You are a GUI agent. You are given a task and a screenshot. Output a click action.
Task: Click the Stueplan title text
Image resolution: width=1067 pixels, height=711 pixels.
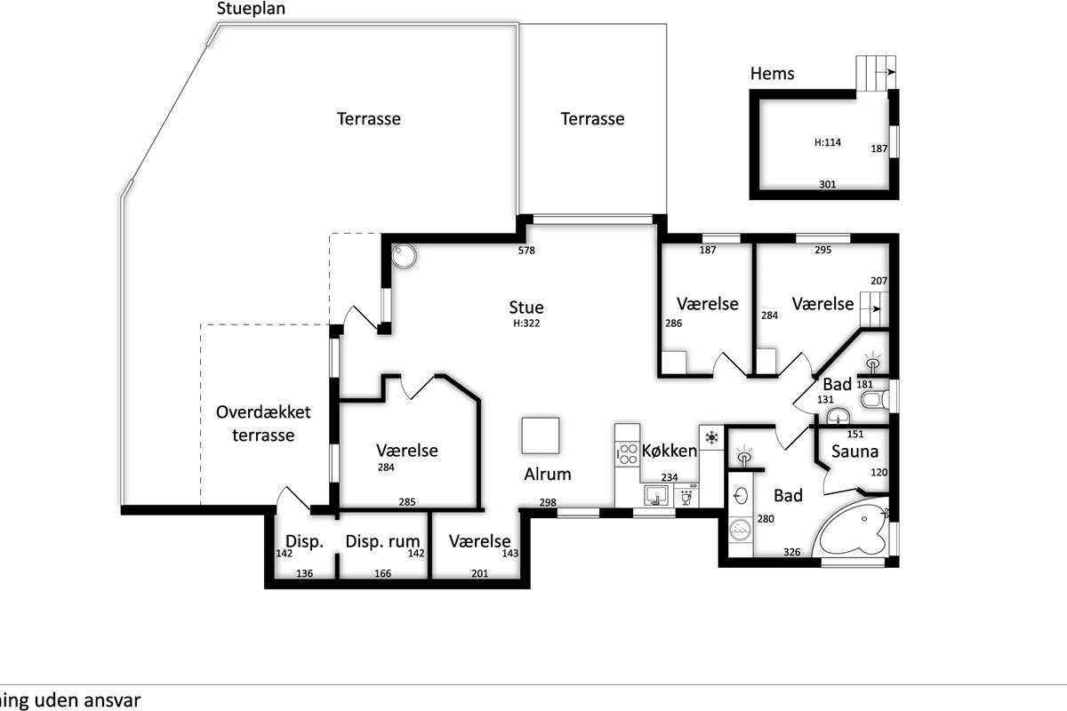click(251, 9)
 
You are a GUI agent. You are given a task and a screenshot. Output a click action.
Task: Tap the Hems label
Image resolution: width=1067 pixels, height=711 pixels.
click(772, 74)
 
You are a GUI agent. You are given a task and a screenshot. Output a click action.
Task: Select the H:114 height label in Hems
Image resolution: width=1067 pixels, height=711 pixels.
click(828, 142)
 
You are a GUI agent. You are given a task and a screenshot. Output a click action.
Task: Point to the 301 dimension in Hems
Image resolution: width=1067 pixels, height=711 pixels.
click(828, 184)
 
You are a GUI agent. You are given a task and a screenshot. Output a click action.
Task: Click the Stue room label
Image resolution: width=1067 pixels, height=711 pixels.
click(525, 308)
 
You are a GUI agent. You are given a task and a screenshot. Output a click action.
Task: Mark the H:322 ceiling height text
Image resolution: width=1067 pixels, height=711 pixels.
click(526, 324)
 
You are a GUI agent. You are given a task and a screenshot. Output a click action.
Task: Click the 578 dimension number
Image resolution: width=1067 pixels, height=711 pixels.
click(526, 250)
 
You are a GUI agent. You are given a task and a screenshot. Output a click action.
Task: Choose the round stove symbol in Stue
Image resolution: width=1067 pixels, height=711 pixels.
click(404, 257)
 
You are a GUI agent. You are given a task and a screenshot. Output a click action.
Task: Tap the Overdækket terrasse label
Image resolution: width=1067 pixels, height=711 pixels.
click(263, 423)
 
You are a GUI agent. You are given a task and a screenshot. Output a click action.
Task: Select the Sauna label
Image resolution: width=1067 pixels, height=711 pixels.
click(854, 451)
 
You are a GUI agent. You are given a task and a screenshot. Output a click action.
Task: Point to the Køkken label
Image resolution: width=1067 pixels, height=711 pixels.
click(670, 451)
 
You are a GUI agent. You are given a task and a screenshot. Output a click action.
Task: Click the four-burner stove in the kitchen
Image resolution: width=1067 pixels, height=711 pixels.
click(628, 453)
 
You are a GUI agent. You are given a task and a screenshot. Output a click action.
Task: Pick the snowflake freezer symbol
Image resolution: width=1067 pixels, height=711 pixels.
click(711, 437)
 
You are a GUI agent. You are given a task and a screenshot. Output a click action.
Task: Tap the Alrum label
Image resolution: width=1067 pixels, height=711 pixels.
click(548, 475)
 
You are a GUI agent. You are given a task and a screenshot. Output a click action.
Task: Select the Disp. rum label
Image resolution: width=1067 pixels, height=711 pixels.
click(382, 541)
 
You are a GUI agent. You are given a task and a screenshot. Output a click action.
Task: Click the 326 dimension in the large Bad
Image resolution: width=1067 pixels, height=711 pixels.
click(791, 552)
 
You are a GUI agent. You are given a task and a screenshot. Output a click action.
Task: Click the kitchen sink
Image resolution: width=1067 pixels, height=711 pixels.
click(656, 496)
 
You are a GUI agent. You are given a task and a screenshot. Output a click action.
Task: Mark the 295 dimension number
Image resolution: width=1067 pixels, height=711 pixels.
click(822, 250)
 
